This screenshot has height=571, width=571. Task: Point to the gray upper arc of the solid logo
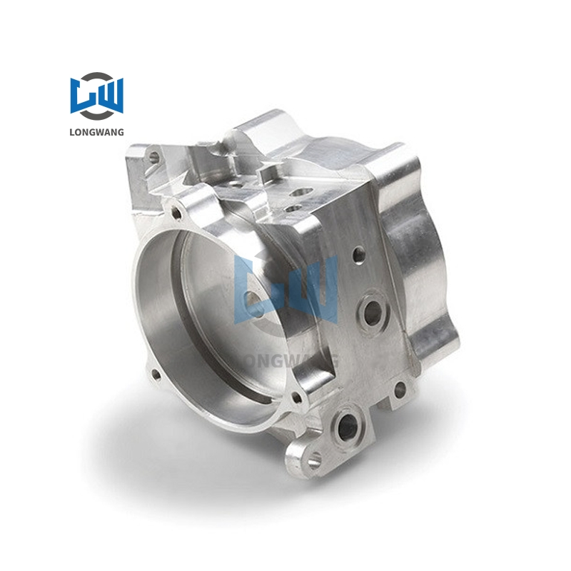[96, 76]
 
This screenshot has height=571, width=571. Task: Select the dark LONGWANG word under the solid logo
[96, 131]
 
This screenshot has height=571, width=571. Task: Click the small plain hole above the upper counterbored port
[359, 253]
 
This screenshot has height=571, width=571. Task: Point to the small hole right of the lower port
[400, 389]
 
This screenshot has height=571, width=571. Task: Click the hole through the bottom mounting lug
[312, 460]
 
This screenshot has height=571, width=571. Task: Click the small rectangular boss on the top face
[270, 172]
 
